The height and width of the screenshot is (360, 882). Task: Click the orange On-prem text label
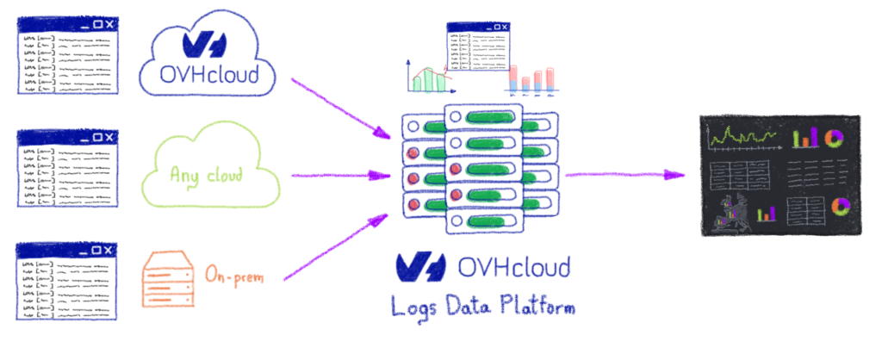pyautogui.click(x=233, y=276)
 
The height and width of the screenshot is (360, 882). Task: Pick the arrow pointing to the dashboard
pyautogui.click(x=624, y=175)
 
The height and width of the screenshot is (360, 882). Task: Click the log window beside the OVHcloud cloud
pyautogui.click(x=66, y=57)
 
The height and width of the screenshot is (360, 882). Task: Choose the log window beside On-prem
pyautogui.click(x=66, y=280)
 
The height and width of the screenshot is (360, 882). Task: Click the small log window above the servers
pyautogui.click(x=477, y=47)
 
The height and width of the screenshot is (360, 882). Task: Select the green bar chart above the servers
pyautogui.click(x=428, y=80)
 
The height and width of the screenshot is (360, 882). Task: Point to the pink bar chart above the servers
pyautogui.click(x=531, y=78)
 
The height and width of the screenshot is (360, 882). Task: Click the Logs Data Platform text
pyautogui.click(x=482, y=307)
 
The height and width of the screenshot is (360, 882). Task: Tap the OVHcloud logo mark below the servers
pyautogui.click(x=419, y=268)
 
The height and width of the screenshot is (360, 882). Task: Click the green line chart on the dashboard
pyautogui.click(x=742, y=137)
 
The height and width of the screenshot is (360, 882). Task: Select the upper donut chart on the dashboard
pyautogui.click(x=834, y=138)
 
